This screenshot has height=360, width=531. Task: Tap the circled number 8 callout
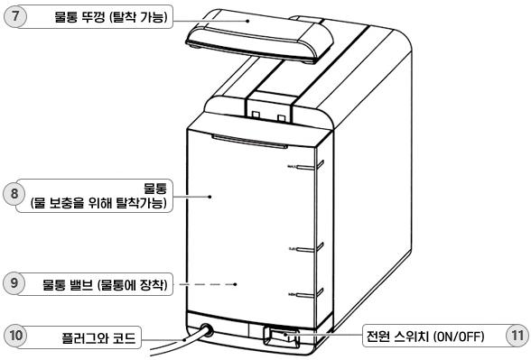coord(14,193)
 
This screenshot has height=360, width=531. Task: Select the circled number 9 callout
coord(14,283)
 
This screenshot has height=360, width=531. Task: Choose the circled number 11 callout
coord(516,337)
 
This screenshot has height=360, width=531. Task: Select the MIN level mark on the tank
coord(308,294)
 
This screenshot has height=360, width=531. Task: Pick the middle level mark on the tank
coord(308,246)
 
